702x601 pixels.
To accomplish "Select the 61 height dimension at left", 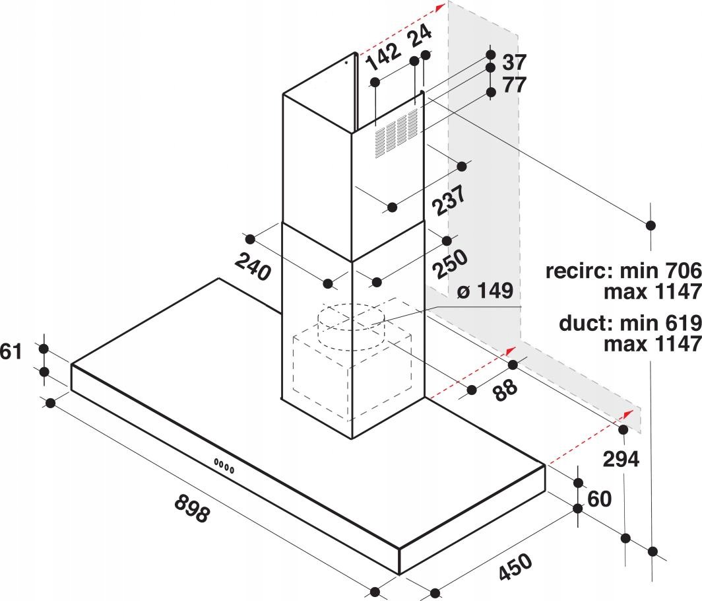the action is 11,351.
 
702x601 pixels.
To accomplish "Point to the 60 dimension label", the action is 599,499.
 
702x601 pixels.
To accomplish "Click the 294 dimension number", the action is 621,459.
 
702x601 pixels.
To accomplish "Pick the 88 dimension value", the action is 505,390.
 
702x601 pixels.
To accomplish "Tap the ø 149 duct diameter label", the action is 485,291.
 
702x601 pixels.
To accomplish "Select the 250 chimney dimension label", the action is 450,263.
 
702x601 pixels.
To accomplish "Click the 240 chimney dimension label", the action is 253,266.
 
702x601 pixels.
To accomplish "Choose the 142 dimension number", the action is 383,57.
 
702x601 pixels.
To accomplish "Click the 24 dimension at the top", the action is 421,36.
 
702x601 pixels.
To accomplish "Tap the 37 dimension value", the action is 515,62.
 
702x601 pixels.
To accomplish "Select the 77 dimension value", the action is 515,85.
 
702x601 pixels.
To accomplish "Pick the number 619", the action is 683,323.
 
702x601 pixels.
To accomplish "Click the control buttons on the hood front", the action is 224,466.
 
